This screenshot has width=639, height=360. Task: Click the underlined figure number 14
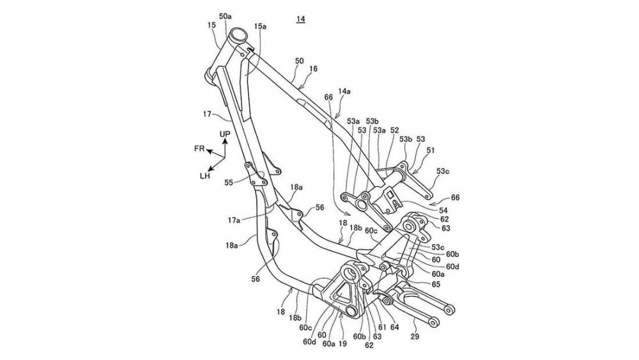tap(300, 20)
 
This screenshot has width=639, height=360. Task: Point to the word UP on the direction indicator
tap(224, 134)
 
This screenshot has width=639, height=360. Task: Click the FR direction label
tap(200, 148)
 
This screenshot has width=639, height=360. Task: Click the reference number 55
tap(229, 182)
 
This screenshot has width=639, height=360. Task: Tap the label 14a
tap(344, 92)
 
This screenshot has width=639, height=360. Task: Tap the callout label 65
tap(435, 283)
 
